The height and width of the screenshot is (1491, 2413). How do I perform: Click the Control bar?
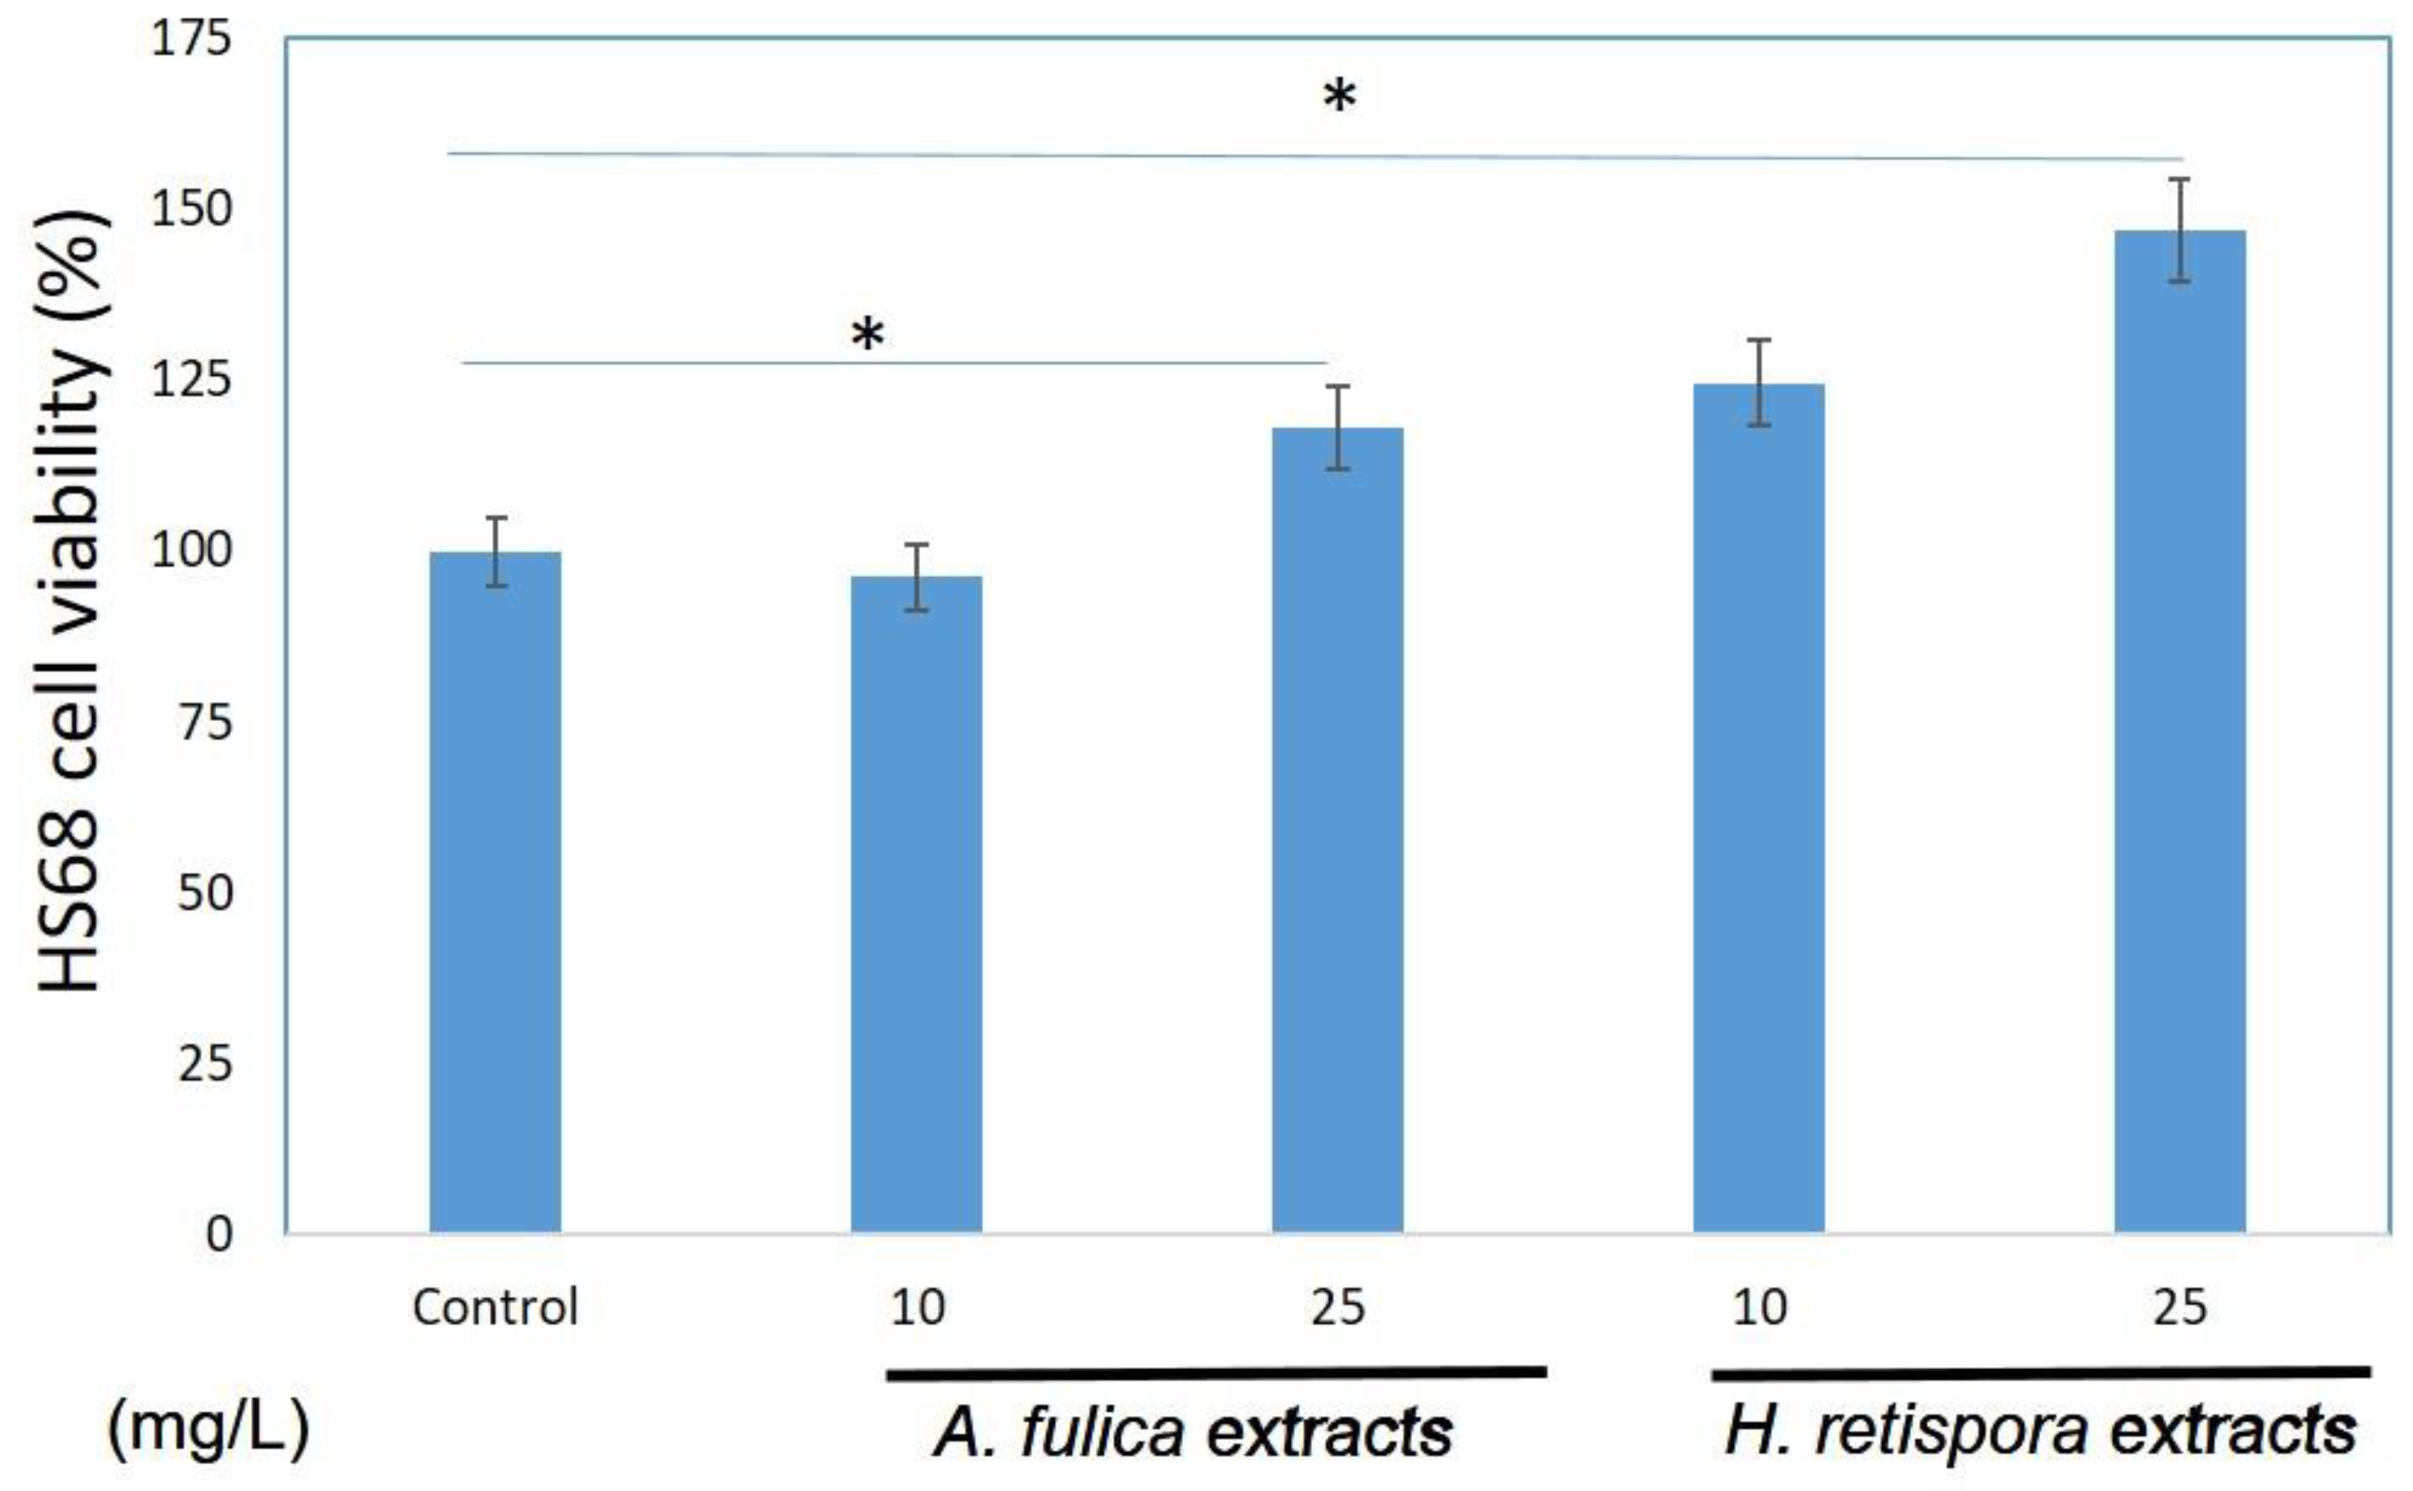[x=495, y=892]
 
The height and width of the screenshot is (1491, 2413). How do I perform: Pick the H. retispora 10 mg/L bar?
[x=1758, y=809]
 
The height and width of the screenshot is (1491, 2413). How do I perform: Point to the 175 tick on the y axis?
[x=190, y=40]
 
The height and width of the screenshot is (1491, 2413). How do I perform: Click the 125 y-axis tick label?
[x=190, y=381]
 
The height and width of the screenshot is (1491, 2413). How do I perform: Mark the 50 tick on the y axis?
[x=204, y=893]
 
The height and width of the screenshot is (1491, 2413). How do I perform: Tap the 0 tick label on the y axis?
[x=219, y=1235]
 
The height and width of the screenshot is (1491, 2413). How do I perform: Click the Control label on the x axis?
[x=495, y=1308]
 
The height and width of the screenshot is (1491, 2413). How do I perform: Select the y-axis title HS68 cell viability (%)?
[x=69, y=601]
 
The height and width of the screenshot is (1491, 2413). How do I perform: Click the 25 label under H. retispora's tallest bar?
[x=2179, y=1308]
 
